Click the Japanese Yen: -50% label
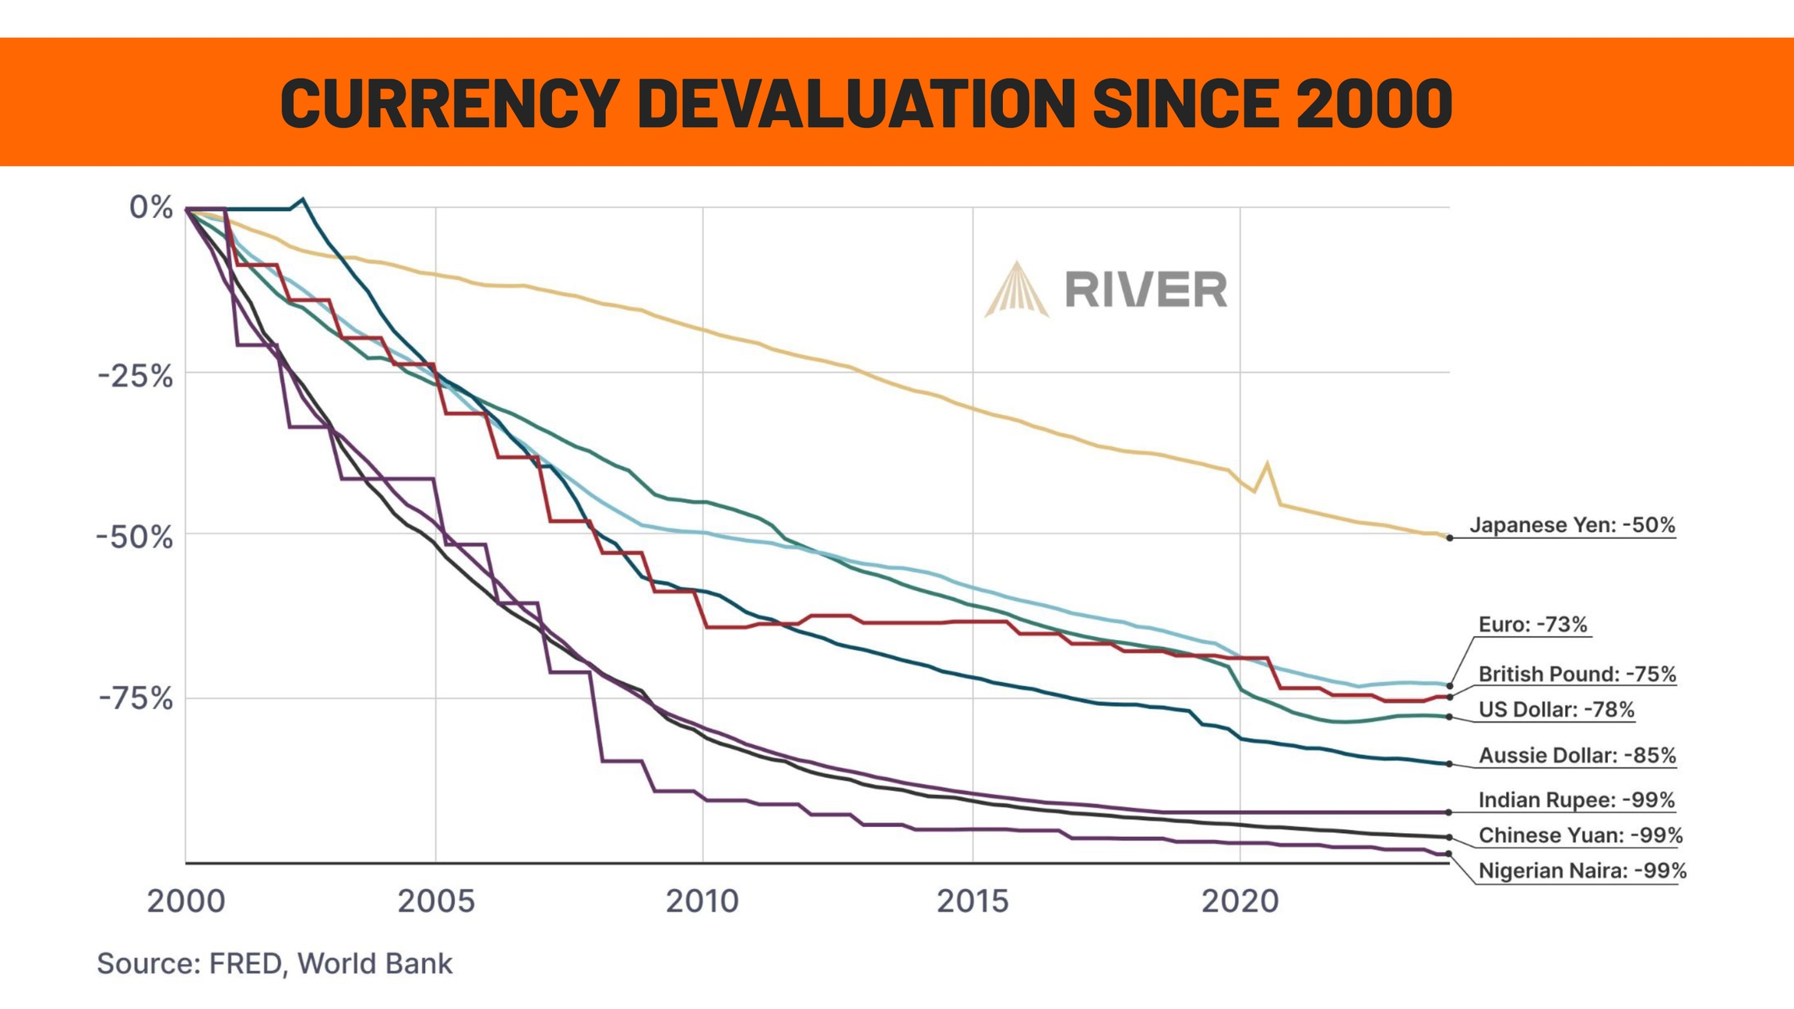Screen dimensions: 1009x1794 point(1571,526)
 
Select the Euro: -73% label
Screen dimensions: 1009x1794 point(1532,624)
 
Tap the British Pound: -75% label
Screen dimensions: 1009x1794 point(1577,674)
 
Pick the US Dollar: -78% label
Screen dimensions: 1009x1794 point(1556,710)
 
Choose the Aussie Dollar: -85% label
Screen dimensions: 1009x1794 point(1577,756)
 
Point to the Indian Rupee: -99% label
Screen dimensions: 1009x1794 point(1576,800)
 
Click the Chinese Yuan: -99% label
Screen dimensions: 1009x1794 point(1580,836)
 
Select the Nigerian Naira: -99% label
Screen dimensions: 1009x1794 point(1582,871)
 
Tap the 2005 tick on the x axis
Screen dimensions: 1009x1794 point(436,902)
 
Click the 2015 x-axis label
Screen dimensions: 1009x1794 point(973,902)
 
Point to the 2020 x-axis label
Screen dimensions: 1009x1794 point(1240,902)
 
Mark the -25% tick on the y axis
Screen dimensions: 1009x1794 point(135,377)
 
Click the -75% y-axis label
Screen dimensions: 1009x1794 point(135,699)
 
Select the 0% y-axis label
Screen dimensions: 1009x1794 point(151,208)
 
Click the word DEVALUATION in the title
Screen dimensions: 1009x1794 point(857,104)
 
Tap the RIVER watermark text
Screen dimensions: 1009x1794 point(1145,290)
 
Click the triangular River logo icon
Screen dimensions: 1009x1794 point(1016,290)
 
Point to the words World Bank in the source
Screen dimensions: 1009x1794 point(375,964)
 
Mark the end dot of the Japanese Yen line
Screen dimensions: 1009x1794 point(1449,538)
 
